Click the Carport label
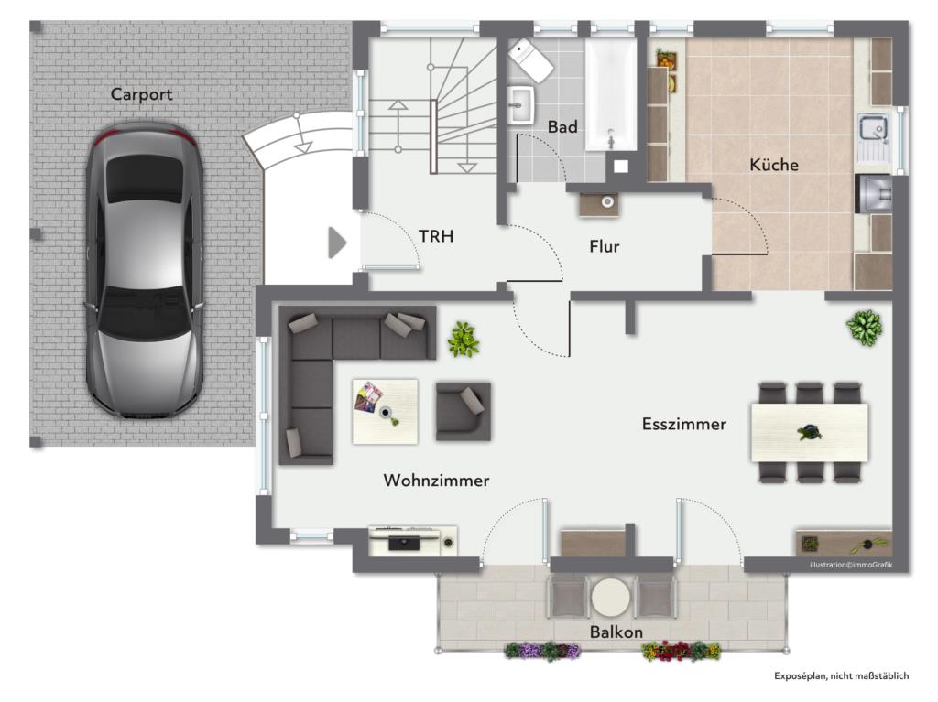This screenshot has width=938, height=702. tap(141, 94)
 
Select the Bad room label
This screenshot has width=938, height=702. tap(562, 127)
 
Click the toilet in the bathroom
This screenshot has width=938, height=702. tap(530, 59)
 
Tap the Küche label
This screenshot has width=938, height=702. tap(774, 166)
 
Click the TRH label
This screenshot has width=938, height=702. tap(436, 236)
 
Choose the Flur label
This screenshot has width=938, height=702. tap(605, 247)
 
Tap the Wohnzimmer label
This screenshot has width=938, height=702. tap(436, 481)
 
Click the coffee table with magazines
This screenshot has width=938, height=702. tap(385, 411)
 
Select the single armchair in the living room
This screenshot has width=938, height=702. tap(463, 411)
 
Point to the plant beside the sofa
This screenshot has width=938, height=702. tap(463, 340)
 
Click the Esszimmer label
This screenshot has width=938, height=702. tap(683, 424)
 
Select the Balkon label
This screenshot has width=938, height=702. tap(616, 632)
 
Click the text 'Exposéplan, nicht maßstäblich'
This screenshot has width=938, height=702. tap(841, 676)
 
